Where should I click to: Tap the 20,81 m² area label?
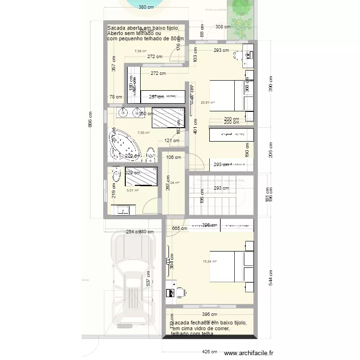(208, 102)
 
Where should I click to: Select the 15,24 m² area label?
(210, 262)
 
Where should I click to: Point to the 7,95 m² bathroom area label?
(143, 133)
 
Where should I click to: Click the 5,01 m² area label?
(132, 191)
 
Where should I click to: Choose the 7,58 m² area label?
(141, 51)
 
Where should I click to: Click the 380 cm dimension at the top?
(146, 7)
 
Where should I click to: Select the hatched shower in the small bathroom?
(141, 176)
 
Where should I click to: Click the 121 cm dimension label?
(171, 141)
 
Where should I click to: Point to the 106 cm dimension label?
(173, 157)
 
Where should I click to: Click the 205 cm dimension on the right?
(270, 150)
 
